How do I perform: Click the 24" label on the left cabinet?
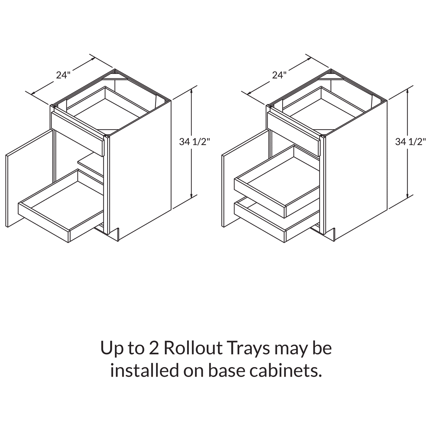pyautogui.click(x=63, y=75)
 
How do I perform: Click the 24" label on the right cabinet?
pyautogui.click(x=279, y=75)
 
